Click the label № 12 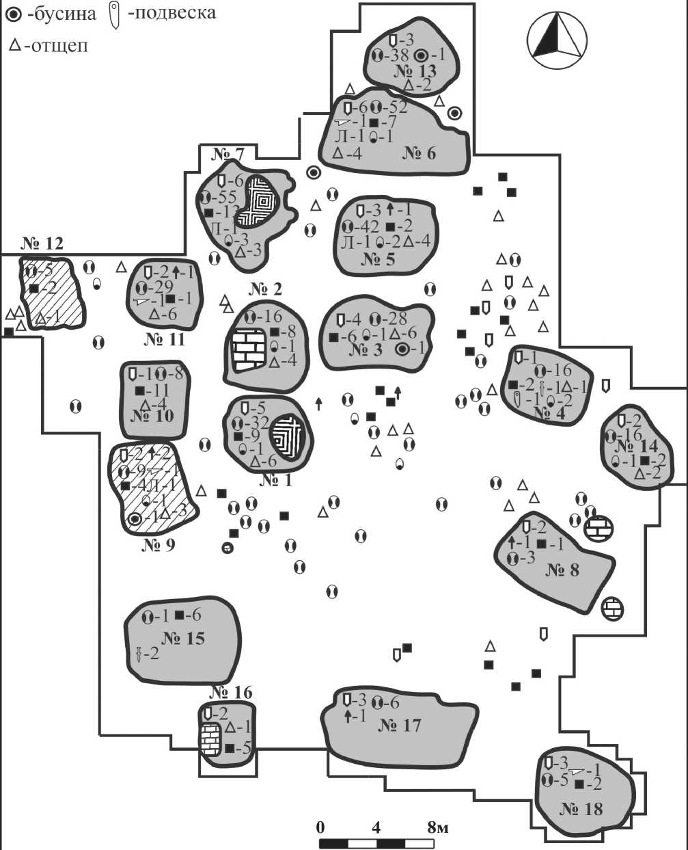coord(41,243)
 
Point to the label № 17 coord(400,726)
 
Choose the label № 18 coord(581,809)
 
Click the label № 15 coord(183,639)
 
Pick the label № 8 coord(562,569)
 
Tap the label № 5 coord(379,259)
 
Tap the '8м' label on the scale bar coord(438,827)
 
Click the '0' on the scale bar coord(320,827)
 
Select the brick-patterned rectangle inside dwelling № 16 coord(210,738)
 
